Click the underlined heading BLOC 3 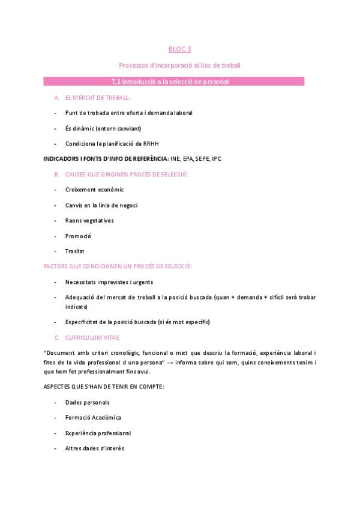click(179, 50)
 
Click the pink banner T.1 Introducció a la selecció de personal click(179, 81)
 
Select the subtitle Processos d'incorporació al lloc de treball click(179, 65)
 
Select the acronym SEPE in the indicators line click(193, 158)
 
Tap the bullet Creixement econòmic click(94, 190)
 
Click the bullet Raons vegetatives click(89, 220)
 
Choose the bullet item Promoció click(78, 236)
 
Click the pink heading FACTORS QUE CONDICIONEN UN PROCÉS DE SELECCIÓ click(118, 266)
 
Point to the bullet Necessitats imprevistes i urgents click(109, 282)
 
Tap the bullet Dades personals click(88, 402)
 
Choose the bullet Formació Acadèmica click(93, 417)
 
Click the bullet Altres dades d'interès click(95, 448)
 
